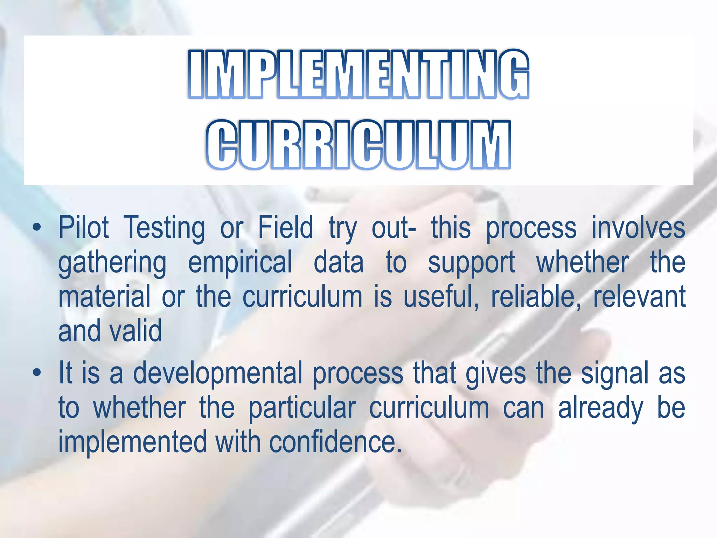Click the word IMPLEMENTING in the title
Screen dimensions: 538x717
[x=358, y=74]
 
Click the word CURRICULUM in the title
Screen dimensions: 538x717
[x=358, y=145]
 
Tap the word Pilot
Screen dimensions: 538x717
[x=84, y=228]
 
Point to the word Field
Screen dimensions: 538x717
[x=285, y=228]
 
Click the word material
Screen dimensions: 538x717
[x=104, y=297]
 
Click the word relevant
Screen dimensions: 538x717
[x=639, y=297]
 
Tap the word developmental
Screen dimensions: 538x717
[x=217, y=374]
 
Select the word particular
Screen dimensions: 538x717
[x=302, y=408]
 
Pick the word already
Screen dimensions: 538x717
[x=600, y=408]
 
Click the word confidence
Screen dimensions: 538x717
[x=335, y=442]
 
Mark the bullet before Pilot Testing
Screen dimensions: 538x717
[x=36, y=228]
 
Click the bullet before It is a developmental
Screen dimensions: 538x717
[x=36, y=373]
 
